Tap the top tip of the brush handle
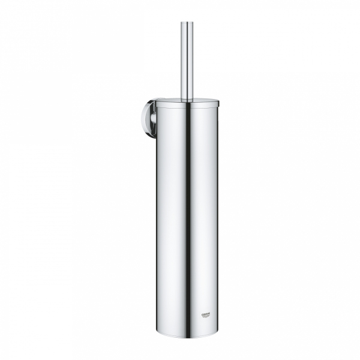[187, 23]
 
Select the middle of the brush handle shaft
[187, 60]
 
